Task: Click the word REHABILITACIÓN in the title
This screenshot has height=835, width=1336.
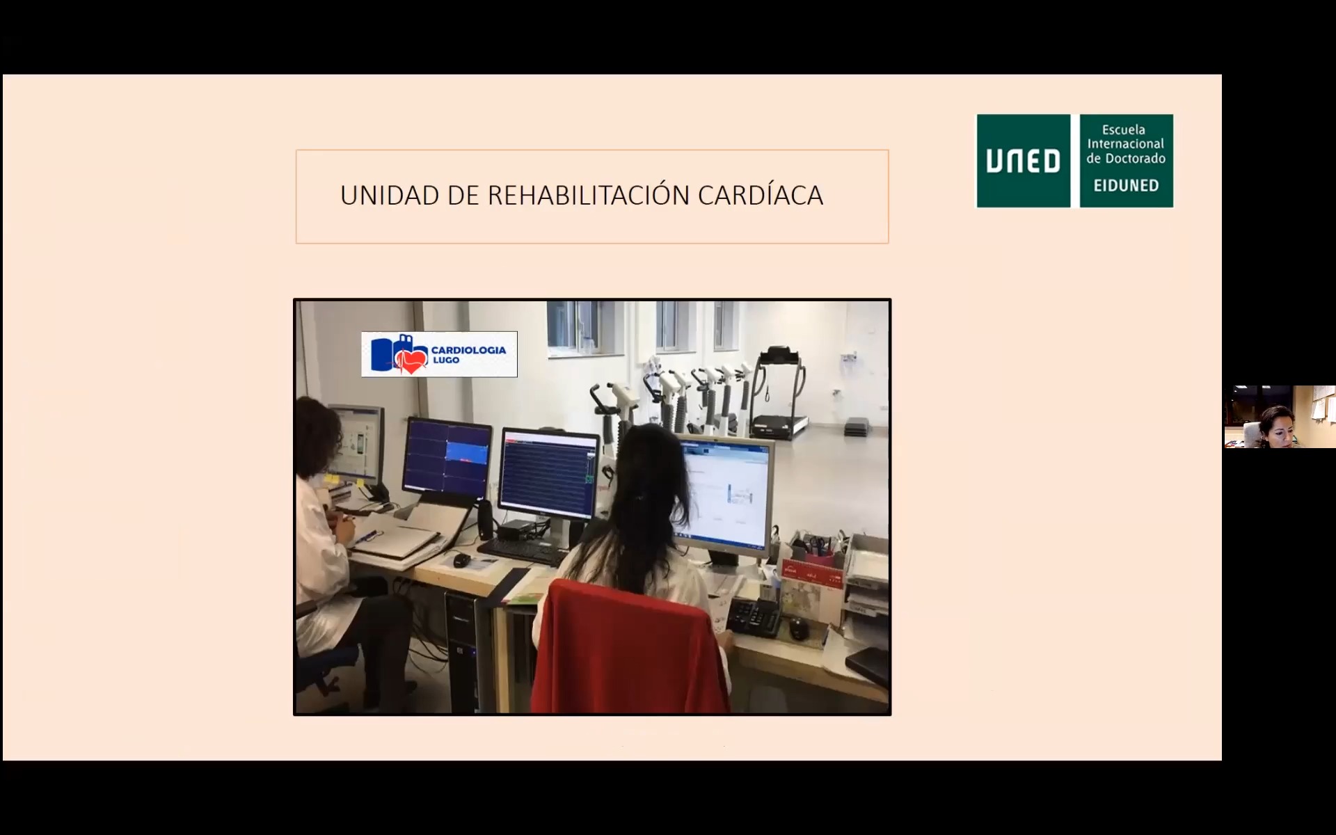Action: (589, 196)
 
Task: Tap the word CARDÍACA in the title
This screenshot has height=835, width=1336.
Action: (761, 196)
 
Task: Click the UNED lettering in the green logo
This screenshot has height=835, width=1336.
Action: (1023, 161)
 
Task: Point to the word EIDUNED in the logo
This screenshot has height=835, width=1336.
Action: (1126, 186)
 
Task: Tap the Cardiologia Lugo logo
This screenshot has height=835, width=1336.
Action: (439, 354)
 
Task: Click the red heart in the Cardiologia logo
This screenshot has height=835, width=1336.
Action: (411, 360)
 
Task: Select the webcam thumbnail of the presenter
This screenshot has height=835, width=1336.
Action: (1280, 416)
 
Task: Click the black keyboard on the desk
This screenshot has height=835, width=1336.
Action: (523, 551)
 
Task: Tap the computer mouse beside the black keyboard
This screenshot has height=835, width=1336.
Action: (461, 559)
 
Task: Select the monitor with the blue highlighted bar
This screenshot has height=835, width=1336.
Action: (447, 458)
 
